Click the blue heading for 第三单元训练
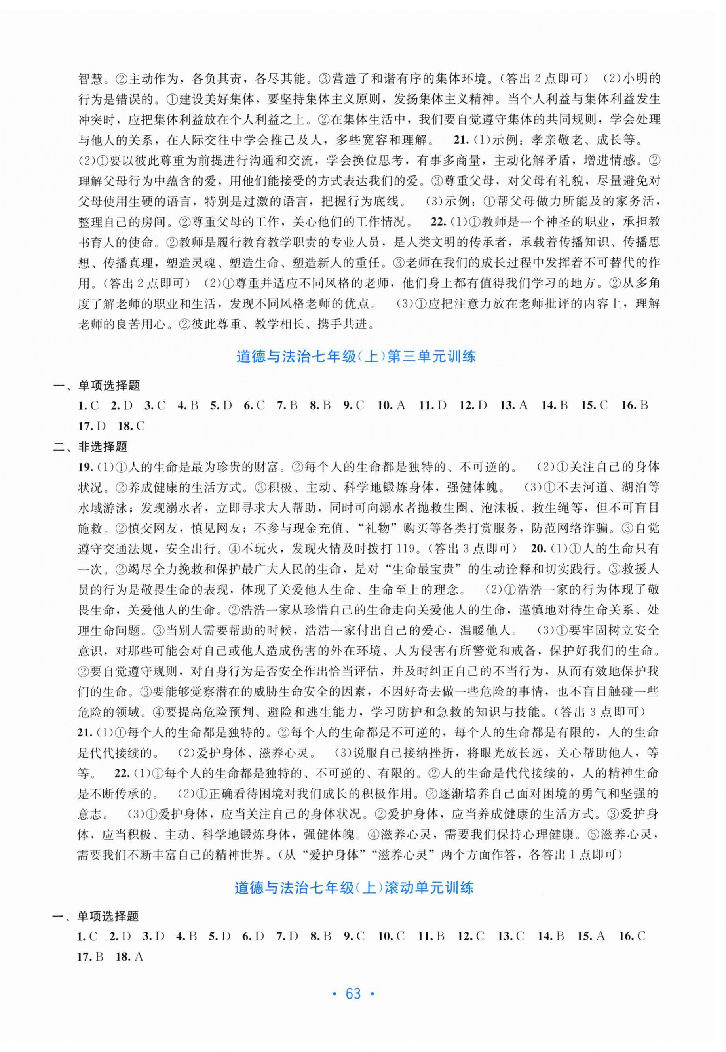pos(356,356)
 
